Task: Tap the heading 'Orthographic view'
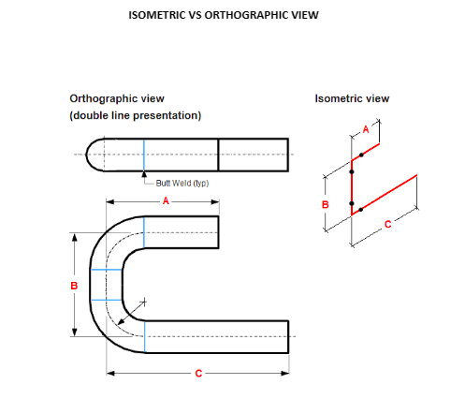[x=117, y=98]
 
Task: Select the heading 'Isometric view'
[x=352, y=98]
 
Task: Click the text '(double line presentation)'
[x=136, y=115]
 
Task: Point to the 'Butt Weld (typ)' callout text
[x=182, y=183]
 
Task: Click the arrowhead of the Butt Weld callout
[x=144, y=174]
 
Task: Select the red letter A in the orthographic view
[x=166, y=200]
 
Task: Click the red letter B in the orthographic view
[x=74, y=286]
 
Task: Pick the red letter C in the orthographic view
[x=198, y=374]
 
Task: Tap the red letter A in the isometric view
[x=366, y=129]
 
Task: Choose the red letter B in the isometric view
[x=326, y=205]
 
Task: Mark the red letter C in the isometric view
[x=387, y=224]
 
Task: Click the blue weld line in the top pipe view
[x=144, y=155]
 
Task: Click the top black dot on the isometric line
[x=361, y=155]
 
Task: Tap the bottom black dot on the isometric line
[x=361, y=210]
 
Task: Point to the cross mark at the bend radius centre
[x=144, y=302]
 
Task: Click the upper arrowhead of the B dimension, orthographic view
[x=74, y=237]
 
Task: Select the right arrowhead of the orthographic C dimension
[x=285, y=373]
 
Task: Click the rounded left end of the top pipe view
[x=87, y=155]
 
